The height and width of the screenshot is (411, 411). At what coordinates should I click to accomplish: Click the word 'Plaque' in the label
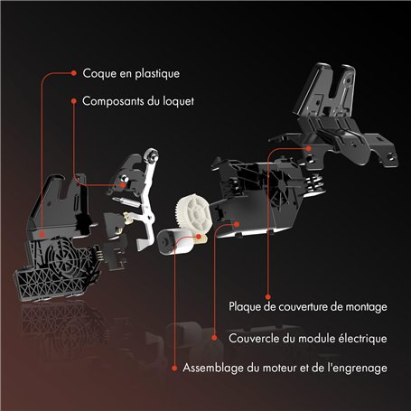(248, 307)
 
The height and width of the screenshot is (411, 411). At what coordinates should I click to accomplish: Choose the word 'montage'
(364, 307)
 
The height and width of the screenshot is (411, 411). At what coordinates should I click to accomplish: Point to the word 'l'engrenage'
(360, 368)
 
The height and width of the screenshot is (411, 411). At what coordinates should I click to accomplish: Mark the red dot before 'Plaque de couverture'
(216, 307)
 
